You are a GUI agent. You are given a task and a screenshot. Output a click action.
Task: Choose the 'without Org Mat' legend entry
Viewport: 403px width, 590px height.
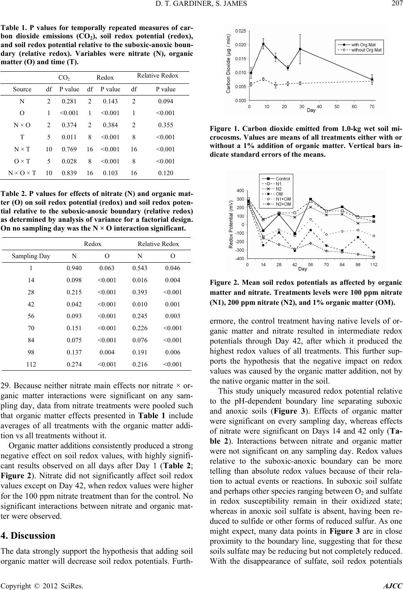coord(365,50)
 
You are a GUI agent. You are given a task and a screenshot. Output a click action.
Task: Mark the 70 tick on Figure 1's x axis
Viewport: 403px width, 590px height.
coord(372,107)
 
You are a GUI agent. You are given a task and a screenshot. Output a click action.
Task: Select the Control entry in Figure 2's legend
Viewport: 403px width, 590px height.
coord(283,179)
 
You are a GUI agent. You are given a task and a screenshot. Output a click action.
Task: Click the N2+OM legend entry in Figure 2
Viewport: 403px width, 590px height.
coord(283,204)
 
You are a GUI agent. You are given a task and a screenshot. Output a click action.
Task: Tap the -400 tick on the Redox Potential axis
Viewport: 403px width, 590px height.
coord(239,259)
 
